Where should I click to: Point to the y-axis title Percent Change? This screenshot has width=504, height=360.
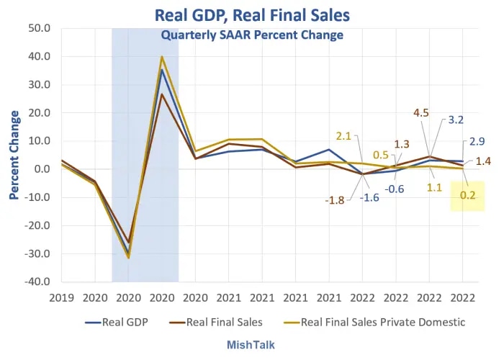tap(14, 156)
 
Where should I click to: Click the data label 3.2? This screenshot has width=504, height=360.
tap(456, 120)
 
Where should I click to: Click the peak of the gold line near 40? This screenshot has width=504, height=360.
tap(161, 57)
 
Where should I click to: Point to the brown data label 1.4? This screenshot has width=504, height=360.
tap(483, 161)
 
